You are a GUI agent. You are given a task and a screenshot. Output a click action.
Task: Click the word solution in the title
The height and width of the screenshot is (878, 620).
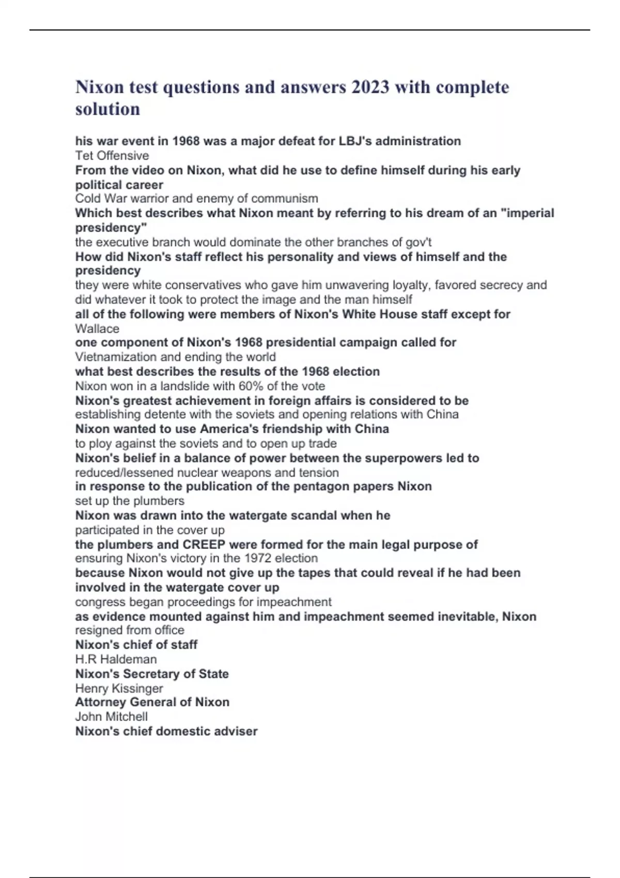pyautogui.click(x=107, y=109)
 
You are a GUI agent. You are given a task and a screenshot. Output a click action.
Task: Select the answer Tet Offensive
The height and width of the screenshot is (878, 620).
pyautogui.click(x=112, y=155)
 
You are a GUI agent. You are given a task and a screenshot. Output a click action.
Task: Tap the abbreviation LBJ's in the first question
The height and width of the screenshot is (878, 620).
pyautogui.click(x=355, y=141)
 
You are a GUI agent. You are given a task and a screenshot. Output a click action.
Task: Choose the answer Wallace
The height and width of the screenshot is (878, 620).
pyautogui.click(x=97, y=328)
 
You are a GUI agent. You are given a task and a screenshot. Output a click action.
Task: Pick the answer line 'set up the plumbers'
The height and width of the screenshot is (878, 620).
pyautogui.click(x=130, y=501)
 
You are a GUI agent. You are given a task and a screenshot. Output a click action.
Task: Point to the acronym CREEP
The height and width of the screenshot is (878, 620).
pyautogui.click(x=204, y=544)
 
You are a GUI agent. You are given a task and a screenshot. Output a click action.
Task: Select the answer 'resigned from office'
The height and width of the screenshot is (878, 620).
pyautogui.click(x=130, y=630)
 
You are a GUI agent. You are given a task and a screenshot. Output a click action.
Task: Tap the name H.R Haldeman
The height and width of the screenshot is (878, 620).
pyautogui.click(x=116, y=659)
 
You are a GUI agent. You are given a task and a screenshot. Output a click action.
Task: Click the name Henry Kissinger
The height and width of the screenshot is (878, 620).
pyautogui.click(x=119, y=688)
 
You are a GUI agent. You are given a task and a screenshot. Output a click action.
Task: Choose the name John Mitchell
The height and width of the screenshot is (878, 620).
pyautogui.click(x=112, y=717)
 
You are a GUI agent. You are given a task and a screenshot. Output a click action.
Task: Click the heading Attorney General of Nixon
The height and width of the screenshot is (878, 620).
pyautogui.click(x=152, y=702)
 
